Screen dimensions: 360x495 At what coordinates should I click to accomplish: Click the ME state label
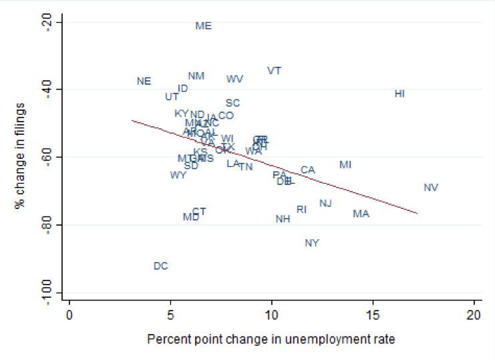(203, 26)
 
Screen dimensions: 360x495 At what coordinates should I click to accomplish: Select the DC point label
(160, 266)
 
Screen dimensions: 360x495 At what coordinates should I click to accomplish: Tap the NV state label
(431, 188)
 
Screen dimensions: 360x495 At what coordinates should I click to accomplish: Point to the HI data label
(399, 94)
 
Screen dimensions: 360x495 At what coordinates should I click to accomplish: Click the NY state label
(312, 243)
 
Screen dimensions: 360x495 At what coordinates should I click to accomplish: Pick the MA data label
(361, 214)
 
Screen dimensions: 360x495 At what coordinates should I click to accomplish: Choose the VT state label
(274, 71)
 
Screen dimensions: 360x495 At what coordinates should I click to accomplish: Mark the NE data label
(144, 81)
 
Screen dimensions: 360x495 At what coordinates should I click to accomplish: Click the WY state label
(178, 176)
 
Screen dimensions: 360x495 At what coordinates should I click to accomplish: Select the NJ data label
(325, 204)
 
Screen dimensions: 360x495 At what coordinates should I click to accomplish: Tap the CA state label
(307, 170)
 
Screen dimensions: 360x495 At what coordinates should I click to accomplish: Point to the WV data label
(234, 79)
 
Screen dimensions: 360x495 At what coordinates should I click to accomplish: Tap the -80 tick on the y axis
(48, 224)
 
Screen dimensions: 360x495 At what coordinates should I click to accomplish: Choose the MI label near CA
(345, 165)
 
